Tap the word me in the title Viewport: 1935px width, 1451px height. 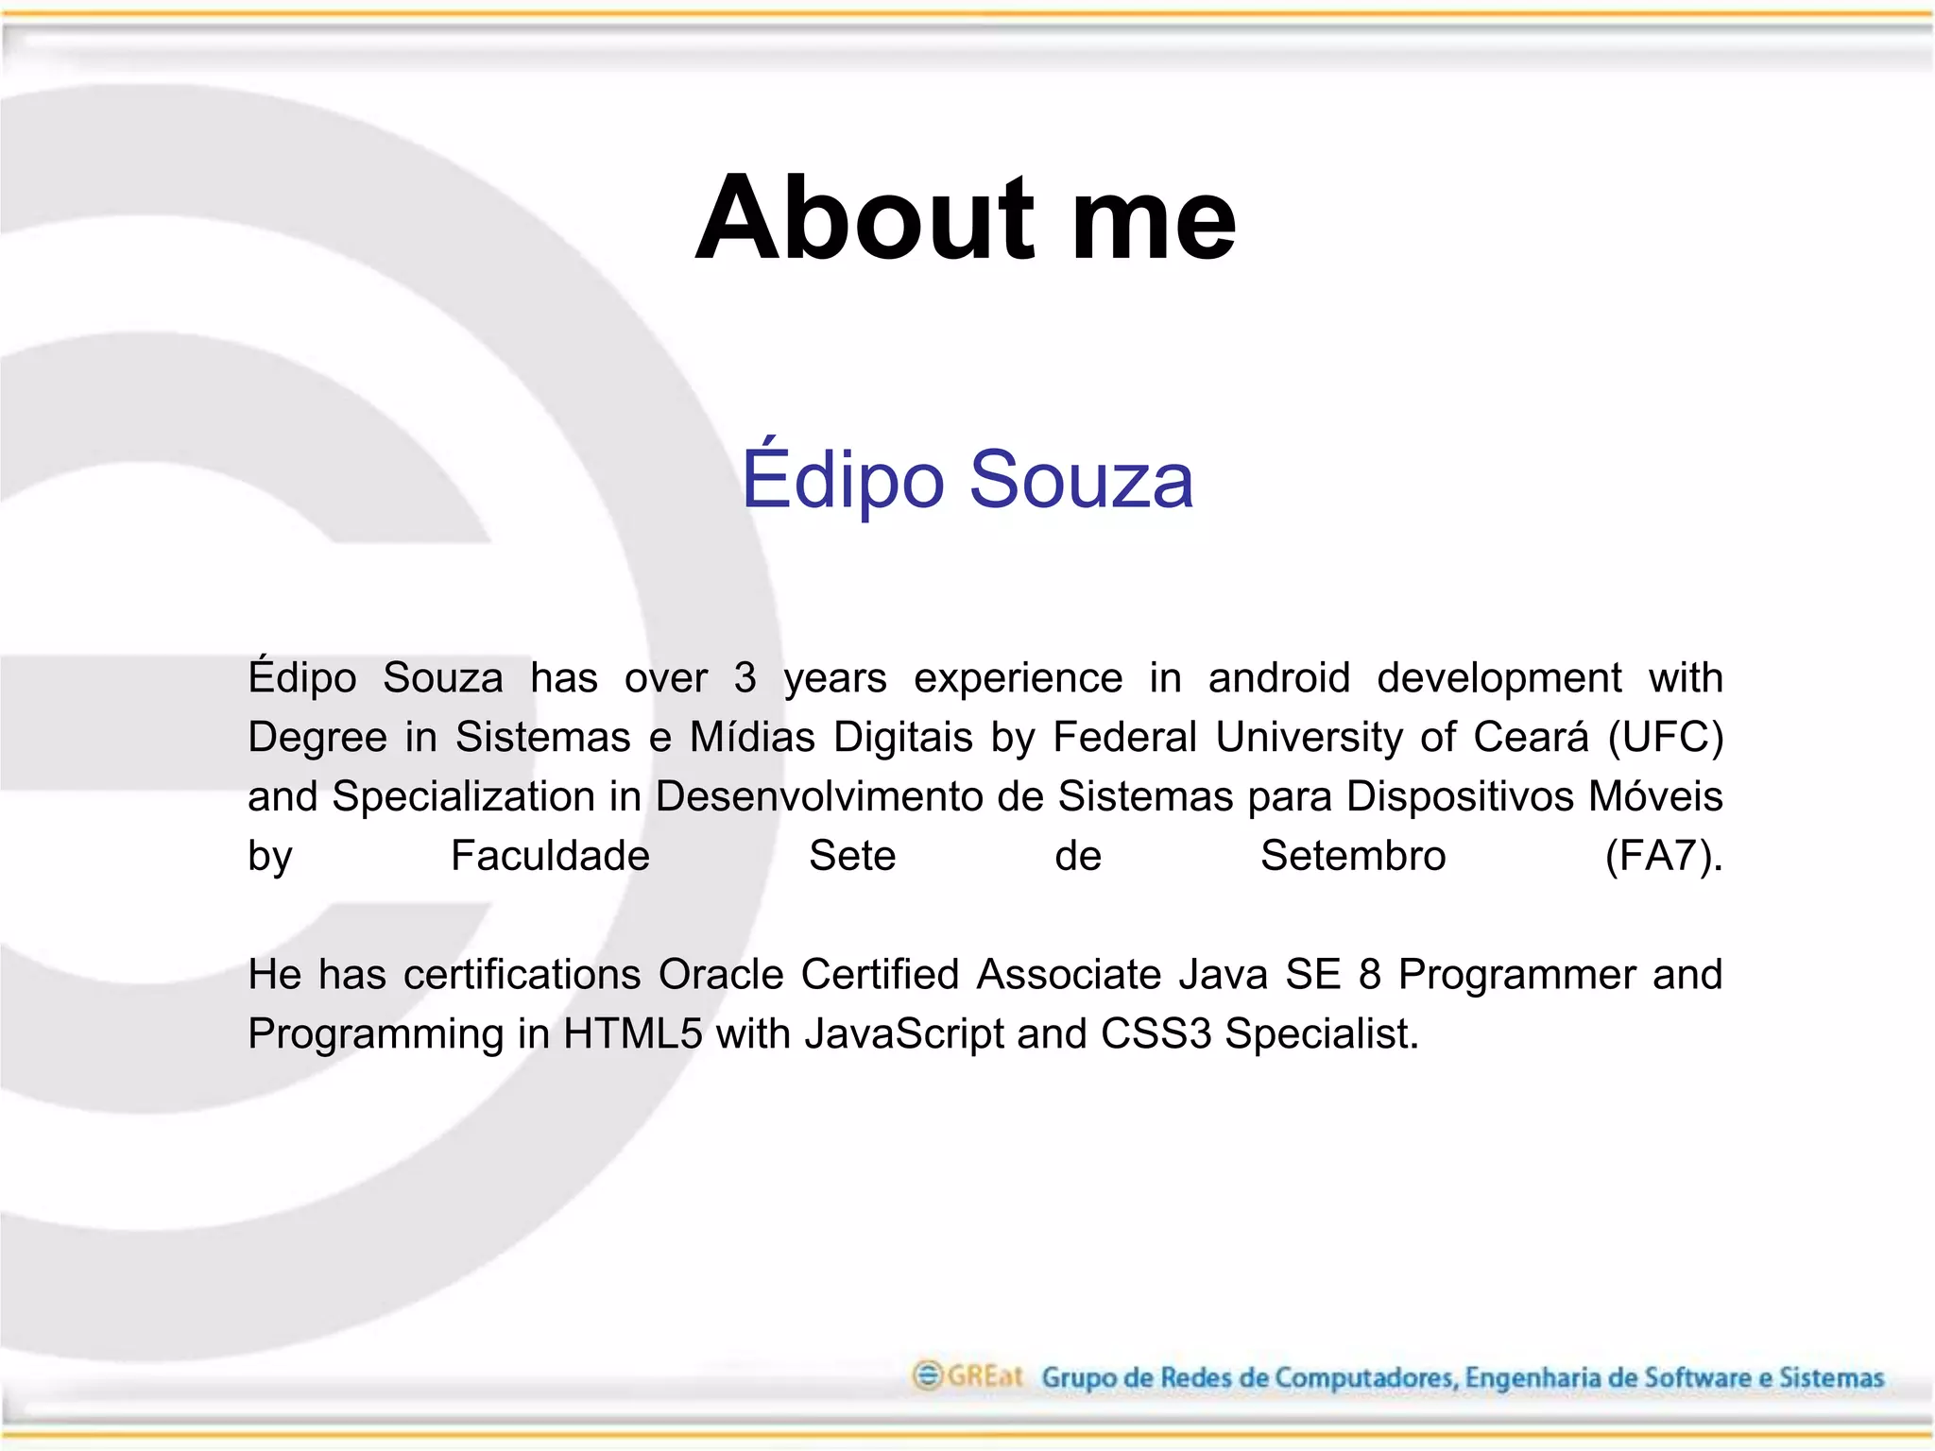click(x=1154, y=219)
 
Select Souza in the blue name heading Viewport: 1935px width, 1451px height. click(x=1081, y=480)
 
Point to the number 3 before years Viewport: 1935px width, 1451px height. click(x=745, y=678)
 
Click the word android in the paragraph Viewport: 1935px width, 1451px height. click(x=1278, y=678)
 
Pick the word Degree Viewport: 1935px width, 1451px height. click(x=317, y=738)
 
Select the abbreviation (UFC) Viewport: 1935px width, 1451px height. click(x=1665, y=738)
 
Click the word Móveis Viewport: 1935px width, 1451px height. click(x=1654, y=796)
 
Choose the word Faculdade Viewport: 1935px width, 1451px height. click(x=550, y=856)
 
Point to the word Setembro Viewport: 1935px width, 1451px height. click(x=1352, y=856)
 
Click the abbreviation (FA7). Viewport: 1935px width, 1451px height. click(x=1663, y=857)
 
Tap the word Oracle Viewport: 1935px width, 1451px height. click(x=721, y=975)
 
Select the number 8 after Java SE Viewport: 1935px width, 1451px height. click(x=1369, y=975)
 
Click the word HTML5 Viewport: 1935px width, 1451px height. click(x=633, y=1034)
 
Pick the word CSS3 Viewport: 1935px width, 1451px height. click(x=1156, y=1034)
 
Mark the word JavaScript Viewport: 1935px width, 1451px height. click(x=904, y=1034)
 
